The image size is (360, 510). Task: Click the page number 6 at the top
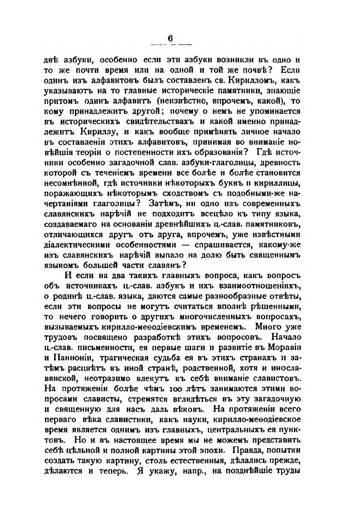tap(170, 39)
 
